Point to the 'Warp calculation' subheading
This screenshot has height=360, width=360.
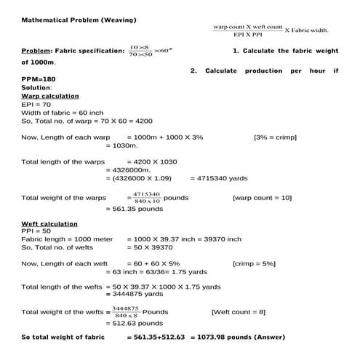pyautogui.click(x=50, y=96)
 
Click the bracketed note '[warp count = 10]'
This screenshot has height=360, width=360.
pyautogui.click(x=262, y=197)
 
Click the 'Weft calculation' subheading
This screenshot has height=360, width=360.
pyautogui.click(x=50, y=223)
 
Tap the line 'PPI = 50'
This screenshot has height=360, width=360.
pyautogui.click(x=36, y=231)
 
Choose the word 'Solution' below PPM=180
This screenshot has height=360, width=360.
pyautogui.click(x=36, y=88)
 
